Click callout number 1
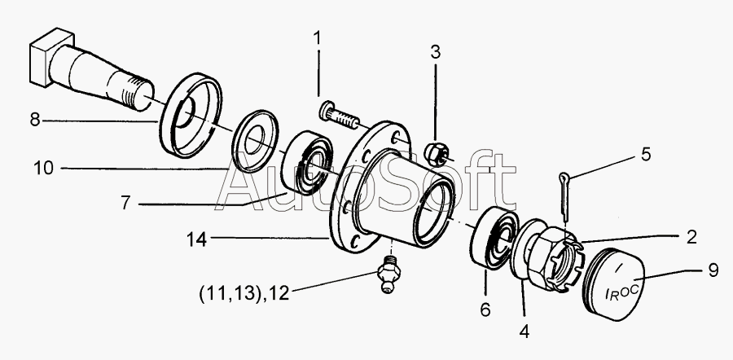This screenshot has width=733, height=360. [x=318, y=37]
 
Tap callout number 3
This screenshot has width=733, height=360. [x=436, y=53]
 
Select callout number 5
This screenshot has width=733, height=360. [x=646, y=154]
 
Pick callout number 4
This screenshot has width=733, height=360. [x=525, y=331]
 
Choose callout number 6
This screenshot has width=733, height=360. [x=485, y=310]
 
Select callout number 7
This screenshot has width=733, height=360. [x=125, y=204]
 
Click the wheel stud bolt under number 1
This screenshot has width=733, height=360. [x=340, y=116]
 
